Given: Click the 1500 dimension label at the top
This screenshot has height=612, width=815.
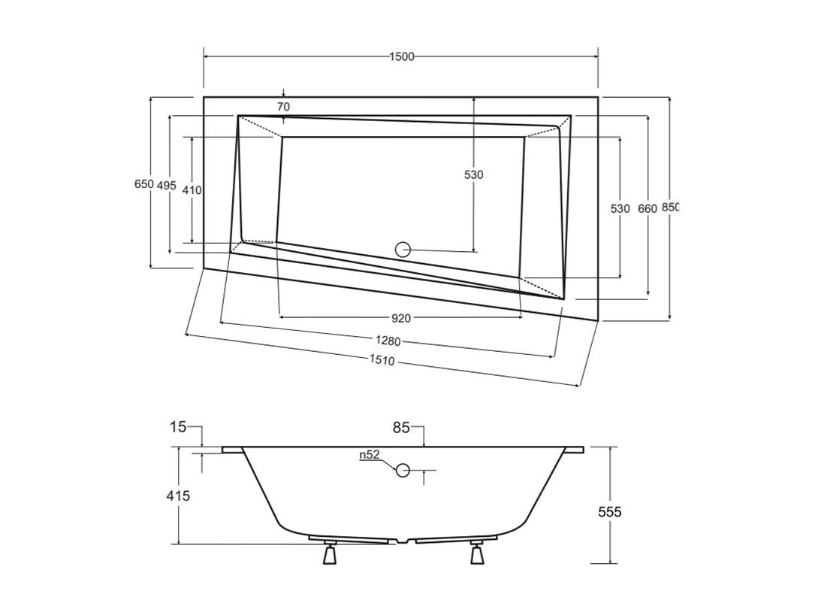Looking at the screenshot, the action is coord(402,56).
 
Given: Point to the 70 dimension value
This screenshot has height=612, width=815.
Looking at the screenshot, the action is coord(283,108).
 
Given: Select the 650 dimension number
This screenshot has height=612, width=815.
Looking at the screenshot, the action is coord(144,183).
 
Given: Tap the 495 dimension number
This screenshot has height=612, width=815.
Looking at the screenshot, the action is coord(167,185).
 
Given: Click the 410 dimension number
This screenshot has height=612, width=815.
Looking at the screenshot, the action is coord(192,190).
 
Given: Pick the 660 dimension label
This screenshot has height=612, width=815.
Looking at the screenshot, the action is coord(647,209).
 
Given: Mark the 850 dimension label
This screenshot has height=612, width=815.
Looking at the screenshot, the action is coord(670,207).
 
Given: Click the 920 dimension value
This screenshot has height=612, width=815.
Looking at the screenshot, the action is coord(401,319).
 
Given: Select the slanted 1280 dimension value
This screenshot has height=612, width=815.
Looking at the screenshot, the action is coord(388,341).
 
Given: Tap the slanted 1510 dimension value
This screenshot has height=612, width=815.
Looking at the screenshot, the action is coord(382,359).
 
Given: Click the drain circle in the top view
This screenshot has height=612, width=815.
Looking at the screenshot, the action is coord(403,250).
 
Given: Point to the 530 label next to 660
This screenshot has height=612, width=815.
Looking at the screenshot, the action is coord(620,209).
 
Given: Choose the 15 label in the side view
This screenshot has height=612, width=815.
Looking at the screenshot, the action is coord(178,427).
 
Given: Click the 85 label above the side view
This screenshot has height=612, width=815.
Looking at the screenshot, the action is coord(401,429).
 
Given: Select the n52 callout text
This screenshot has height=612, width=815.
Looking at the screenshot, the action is coord(370,455).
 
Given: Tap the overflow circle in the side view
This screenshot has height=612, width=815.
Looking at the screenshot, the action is coord(403,471).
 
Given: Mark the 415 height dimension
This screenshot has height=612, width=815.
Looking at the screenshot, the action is coord(178,496).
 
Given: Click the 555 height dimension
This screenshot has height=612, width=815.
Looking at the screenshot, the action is coord(610,512).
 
